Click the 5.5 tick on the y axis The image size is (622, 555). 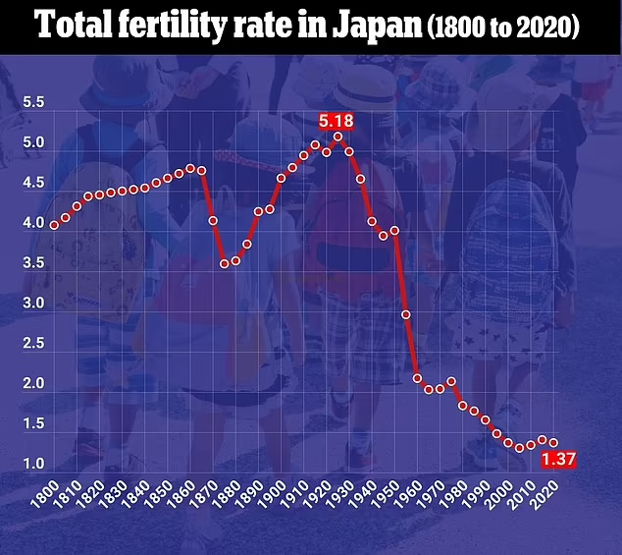click(33, 103)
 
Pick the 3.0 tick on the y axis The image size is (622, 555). click(33, 304)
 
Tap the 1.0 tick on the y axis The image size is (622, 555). click(33, 464)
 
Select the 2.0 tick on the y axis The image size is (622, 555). click(33, 384)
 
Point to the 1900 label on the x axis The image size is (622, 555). click(278, 500)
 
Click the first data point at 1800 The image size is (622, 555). click(54, 225)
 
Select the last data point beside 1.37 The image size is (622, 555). click(553, 442)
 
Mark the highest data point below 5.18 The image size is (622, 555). click(337, 138)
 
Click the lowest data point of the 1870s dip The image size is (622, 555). click(224, 263)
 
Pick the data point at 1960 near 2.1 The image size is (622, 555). click(417, 378)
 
